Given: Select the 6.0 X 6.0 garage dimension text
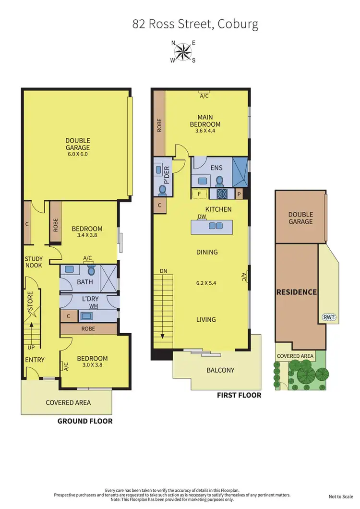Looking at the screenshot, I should [x=77, y=154].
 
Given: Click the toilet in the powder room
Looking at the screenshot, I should [x=162, y=190].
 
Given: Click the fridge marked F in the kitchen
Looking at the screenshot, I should [x=199, y=194].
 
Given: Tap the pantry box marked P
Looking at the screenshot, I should [x=240, y=194].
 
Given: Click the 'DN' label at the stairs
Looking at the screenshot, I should [x=164, y=272].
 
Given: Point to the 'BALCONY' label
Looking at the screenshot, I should [x=220, y=370].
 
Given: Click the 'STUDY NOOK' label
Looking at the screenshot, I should [x=34, y=262].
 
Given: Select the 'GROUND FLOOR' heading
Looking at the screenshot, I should [x=85, y=421].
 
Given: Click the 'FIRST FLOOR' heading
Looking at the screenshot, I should [x=239, y=395].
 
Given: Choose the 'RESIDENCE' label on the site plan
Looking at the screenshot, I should [x=296, y=292].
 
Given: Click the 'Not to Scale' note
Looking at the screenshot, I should [x=340, y=497].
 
